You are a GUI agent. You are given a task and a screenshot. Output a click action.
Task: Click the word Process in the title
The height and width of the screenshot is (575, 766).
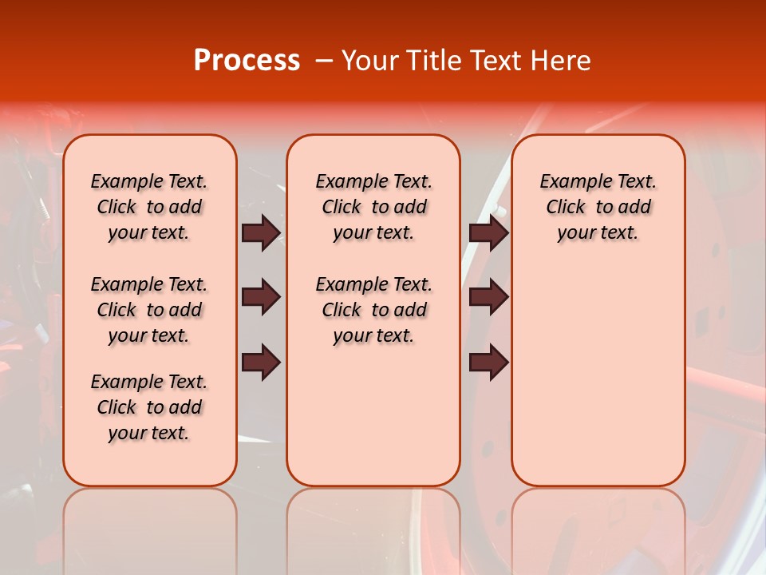(x=247, y=61)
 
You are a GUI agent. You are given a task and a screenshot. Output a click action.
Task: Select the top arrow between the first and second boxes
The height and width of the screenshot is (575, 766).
(x=261, y=232)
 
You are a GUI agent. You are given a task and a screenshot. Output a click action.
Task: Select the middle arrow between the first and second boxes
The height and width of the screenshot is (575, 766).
(x=261, y=297)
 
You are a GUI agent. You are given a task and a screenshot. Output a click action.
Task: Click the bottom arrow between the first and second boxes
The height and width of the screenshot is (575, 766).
(x=261, y=363)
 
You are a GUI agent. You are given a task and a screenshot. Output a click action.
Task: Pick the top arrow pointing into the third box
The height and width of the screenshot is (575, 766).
(x=488, y=232)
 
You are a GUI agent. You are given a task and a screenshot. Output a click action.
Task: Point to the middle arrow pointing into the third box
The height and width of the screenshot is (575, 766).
(x=488, y=297)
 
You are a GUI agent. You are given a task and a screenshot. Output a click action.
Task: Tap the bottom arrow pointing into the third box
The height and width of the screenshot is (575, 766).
(x=488, y=363)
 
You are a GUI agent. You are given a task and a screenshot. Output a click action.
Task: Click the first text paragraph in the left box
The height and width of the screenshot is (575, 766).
(x=149, y=207)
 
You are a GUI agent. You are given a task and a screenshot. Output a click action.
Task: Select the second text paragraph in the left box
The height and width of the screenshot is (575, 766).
(x=149, y=310)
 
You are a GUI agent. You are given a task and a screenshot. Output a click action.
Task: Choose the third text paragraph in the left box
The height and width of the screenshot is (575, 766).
(x=149, y=407)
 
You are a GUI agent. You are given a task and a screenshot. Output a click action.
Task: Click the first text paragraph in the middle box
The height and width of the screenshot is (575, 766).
(x=373, y=207)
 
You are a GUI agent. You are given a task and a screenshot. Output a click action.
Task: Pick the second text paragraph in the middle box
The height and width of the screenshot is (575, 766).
(x=373, y=310)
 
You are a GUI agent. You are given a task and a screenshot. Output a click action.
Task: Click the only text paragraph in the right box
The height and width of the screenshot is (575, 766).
(x=598, y=207)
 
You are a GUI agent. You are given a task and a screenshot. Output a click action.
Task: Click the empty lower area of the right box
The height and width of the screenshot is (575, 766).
(x=598, y=375)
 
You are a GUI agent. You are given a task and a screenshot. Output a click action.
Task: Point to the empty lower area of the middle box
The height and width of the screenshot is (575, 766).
(x=373, y=415)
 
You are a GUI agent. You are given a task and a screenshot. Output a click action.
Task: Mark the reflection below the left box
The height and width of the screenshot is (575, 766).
(x=150, y=527)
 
